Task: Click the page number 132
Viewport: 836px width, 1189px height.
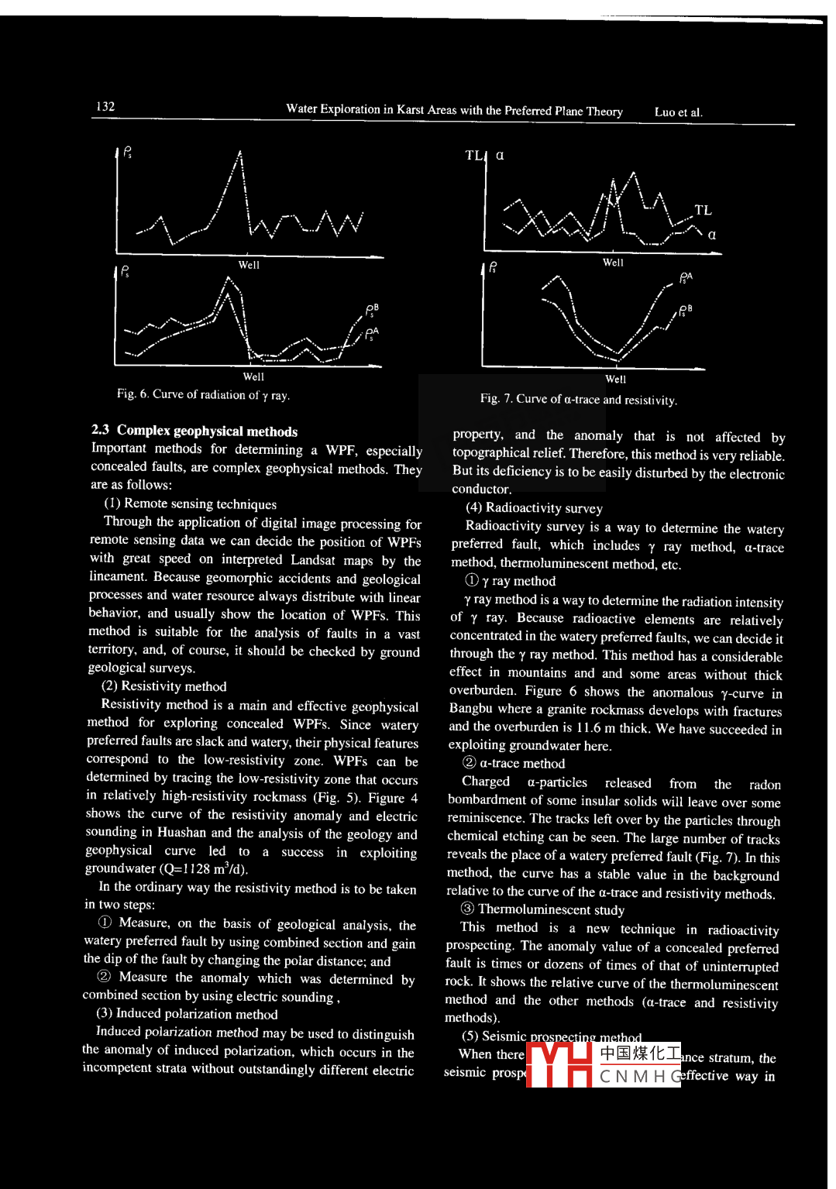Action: coord(105,107)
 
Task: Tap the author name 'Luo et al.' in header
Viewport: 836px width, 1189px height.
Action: coord(678,112)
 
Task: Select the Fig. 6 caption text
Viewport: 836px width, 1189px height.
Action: coord(203,395)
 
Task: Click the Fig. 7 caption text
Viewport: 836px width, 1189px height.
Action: coord(578,400)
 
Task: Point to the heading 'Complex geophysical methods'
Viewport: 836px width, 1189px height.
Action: coord(207,431)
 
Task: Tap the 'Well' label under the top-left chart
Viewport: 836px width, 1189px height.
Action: coord(249,265)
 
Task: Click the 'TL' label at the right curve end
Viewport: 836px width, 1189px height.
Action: coord(703,210)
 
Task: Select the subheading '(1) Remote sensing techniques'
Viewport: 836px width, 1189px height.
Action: coord(191,504)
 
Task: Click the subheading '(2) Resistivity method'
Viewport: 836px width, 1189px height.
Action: coord(164,686)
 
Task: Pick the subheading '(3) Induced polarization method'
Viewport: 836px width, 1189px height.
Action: coord(187,1014)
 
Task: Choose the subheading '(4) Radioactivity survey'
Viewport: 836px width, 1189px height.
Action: coord(534,508)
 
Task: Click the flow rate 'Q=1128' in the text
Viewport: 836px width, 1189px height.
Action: coord(186,869)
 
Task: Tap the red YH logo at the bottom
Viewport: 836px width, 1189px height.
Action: coord(559,1065)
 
